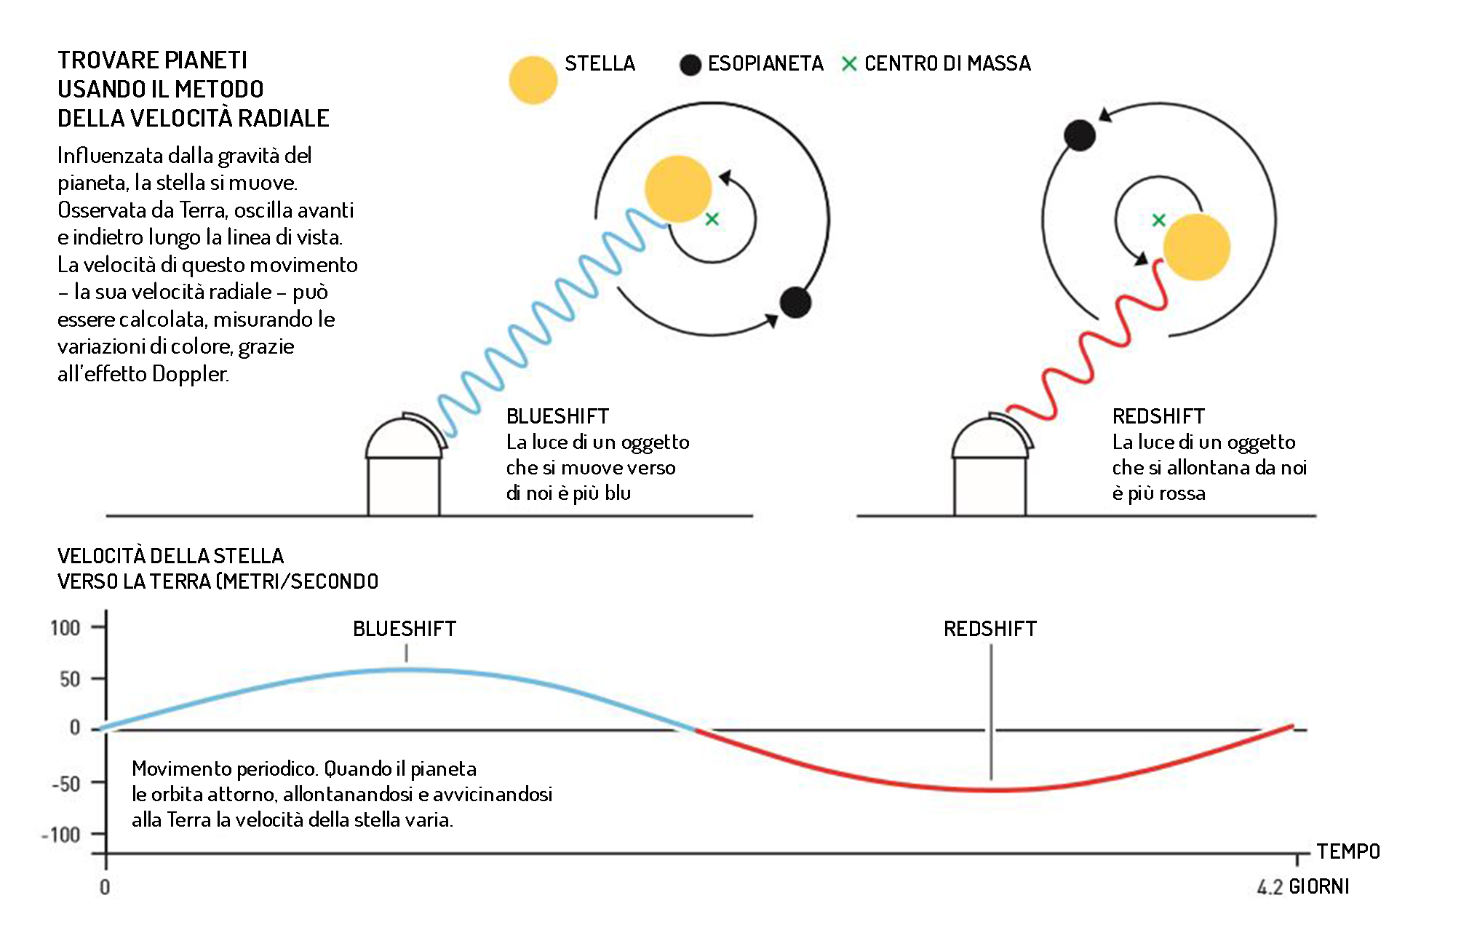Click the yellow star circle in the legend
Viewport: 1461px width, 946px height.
click(533, 80)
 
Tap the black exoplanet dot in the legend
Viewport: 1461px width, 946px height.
click(690, 65)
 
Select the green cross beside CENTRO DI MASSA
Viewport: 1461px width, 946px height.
click(848, 64)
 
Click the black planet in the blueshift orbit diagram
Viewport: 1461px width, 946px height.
click(795, 302)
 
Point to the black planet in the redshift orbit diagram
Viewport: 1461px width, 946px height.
click(1080, 135)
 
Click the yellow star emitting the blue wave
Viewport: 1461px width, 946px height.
click(677, 188)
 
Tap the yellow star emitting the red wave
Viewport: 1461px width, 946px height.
click(1196, 247)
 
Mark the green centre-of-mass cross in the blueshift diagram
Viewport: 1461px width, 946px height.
click(712, 218)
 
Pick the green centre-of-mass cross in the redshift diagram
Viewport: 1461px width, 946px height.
click(1159, 220)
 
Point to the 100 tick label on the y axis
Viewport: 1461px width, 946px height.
click(65, 627)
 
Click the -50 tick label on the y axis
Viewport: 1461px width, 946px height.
click(65, 784)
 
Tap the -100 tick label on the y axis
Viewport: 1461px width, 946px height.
click(61, 835)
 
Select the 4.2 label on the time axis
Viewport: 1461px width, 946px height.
click(1270, 887)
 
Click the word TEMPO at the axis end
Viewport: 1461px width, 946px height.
click(1348, 851)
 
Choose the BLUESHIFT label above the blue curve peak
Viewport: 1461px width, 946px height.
click(405, 629)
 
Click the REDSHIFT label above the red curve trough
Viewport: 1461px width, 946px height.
click(990, 629)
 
